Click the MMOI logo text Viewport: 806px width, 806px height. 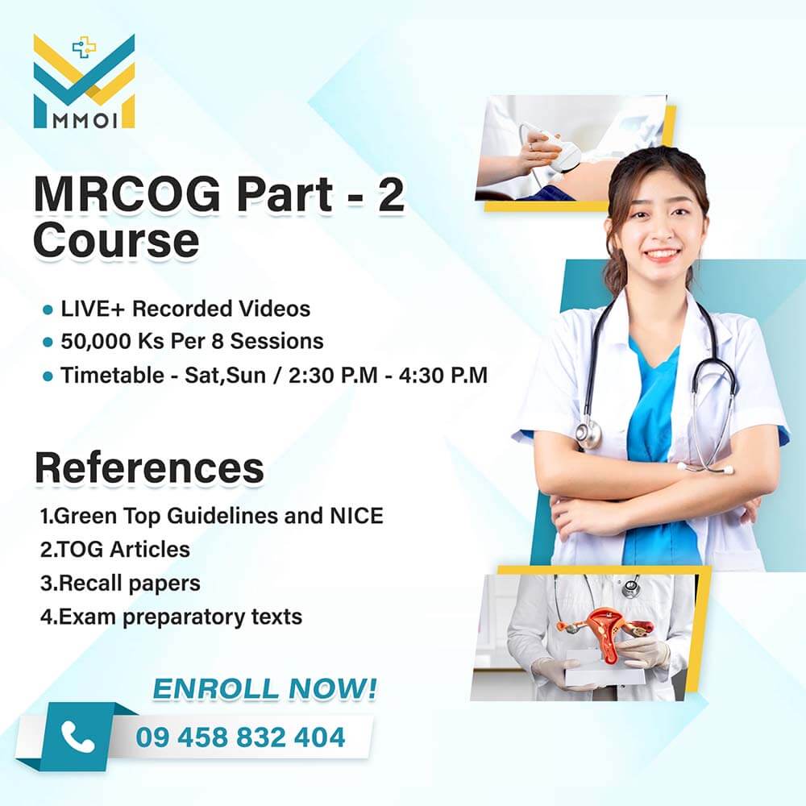coord(85,121)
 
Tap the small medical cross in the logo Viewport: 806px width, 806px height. coord(84,48)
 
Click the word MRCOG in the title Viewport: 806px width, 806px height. coord(127,194)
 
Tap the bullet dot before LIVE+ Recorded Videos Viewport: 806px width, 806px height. coord(48,310)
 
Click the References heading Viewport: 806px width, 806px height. coord(150,467)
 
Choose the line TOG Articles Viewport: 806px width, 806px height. coord(115,550)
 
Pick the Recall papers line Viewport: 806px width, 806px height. coord(120,584)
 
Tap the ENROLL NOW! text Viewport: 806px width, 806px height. coord(264,689)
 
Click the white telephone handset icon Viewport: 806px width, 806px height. coord(77,737)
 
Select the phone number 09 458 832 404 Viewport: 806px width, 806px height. coord(240,737)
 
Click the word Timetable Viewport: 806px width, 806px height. coord(112,376)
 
